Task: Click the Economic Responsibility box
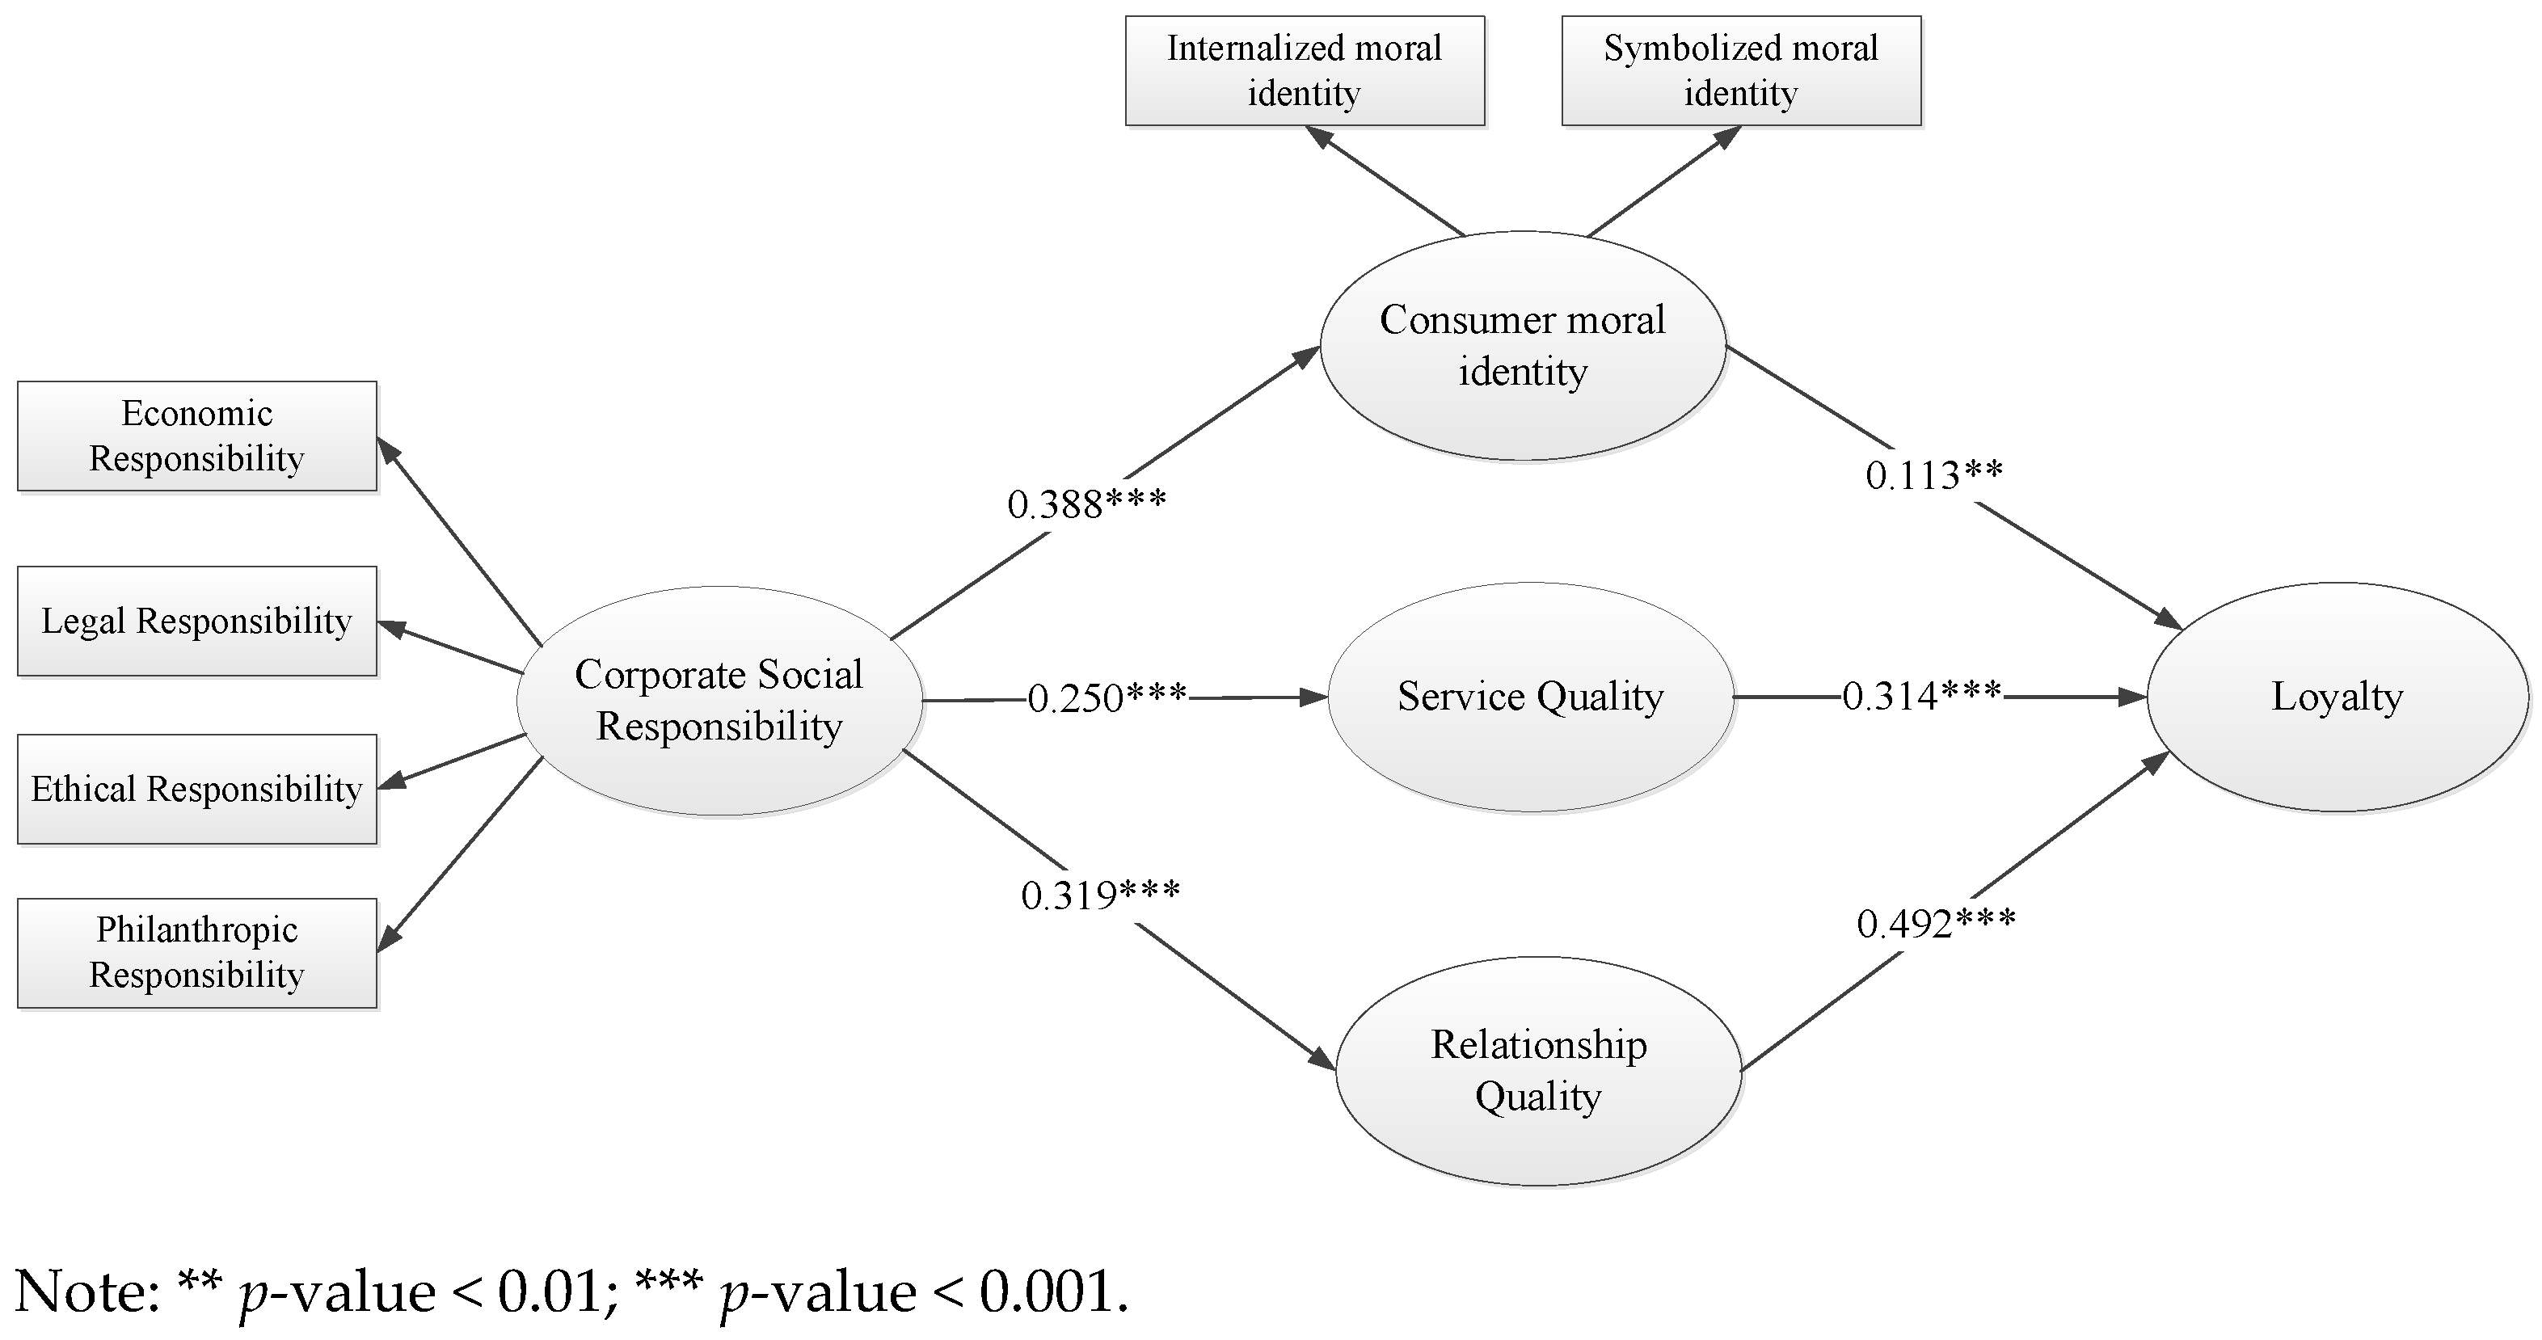[196, 436]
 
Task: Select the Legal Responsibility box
[196, 621]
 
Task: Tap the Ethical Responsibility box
[196, 789]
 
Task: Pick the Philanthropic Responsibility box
[196, 952]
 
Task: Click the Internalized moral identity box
[1305, 70]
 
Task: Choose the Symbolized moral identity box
[1741, 70]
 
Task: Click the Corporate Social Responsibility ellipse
[719, 701]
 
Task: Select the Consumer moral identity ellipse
[1523, 345]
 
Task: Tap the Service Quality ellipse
[1531, 697]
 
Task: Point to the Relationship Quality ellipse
[1538, 1071]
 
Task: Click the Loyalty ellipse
[2337, 697]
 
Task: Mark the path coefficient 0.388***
[1086, 505]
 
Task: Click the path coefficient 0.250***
[1107, 698]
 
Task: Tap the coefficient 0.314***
[1921, 697]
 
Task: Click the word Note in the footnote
[86, 1292]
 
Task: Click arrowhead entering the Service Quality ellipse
[1315, 697]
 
